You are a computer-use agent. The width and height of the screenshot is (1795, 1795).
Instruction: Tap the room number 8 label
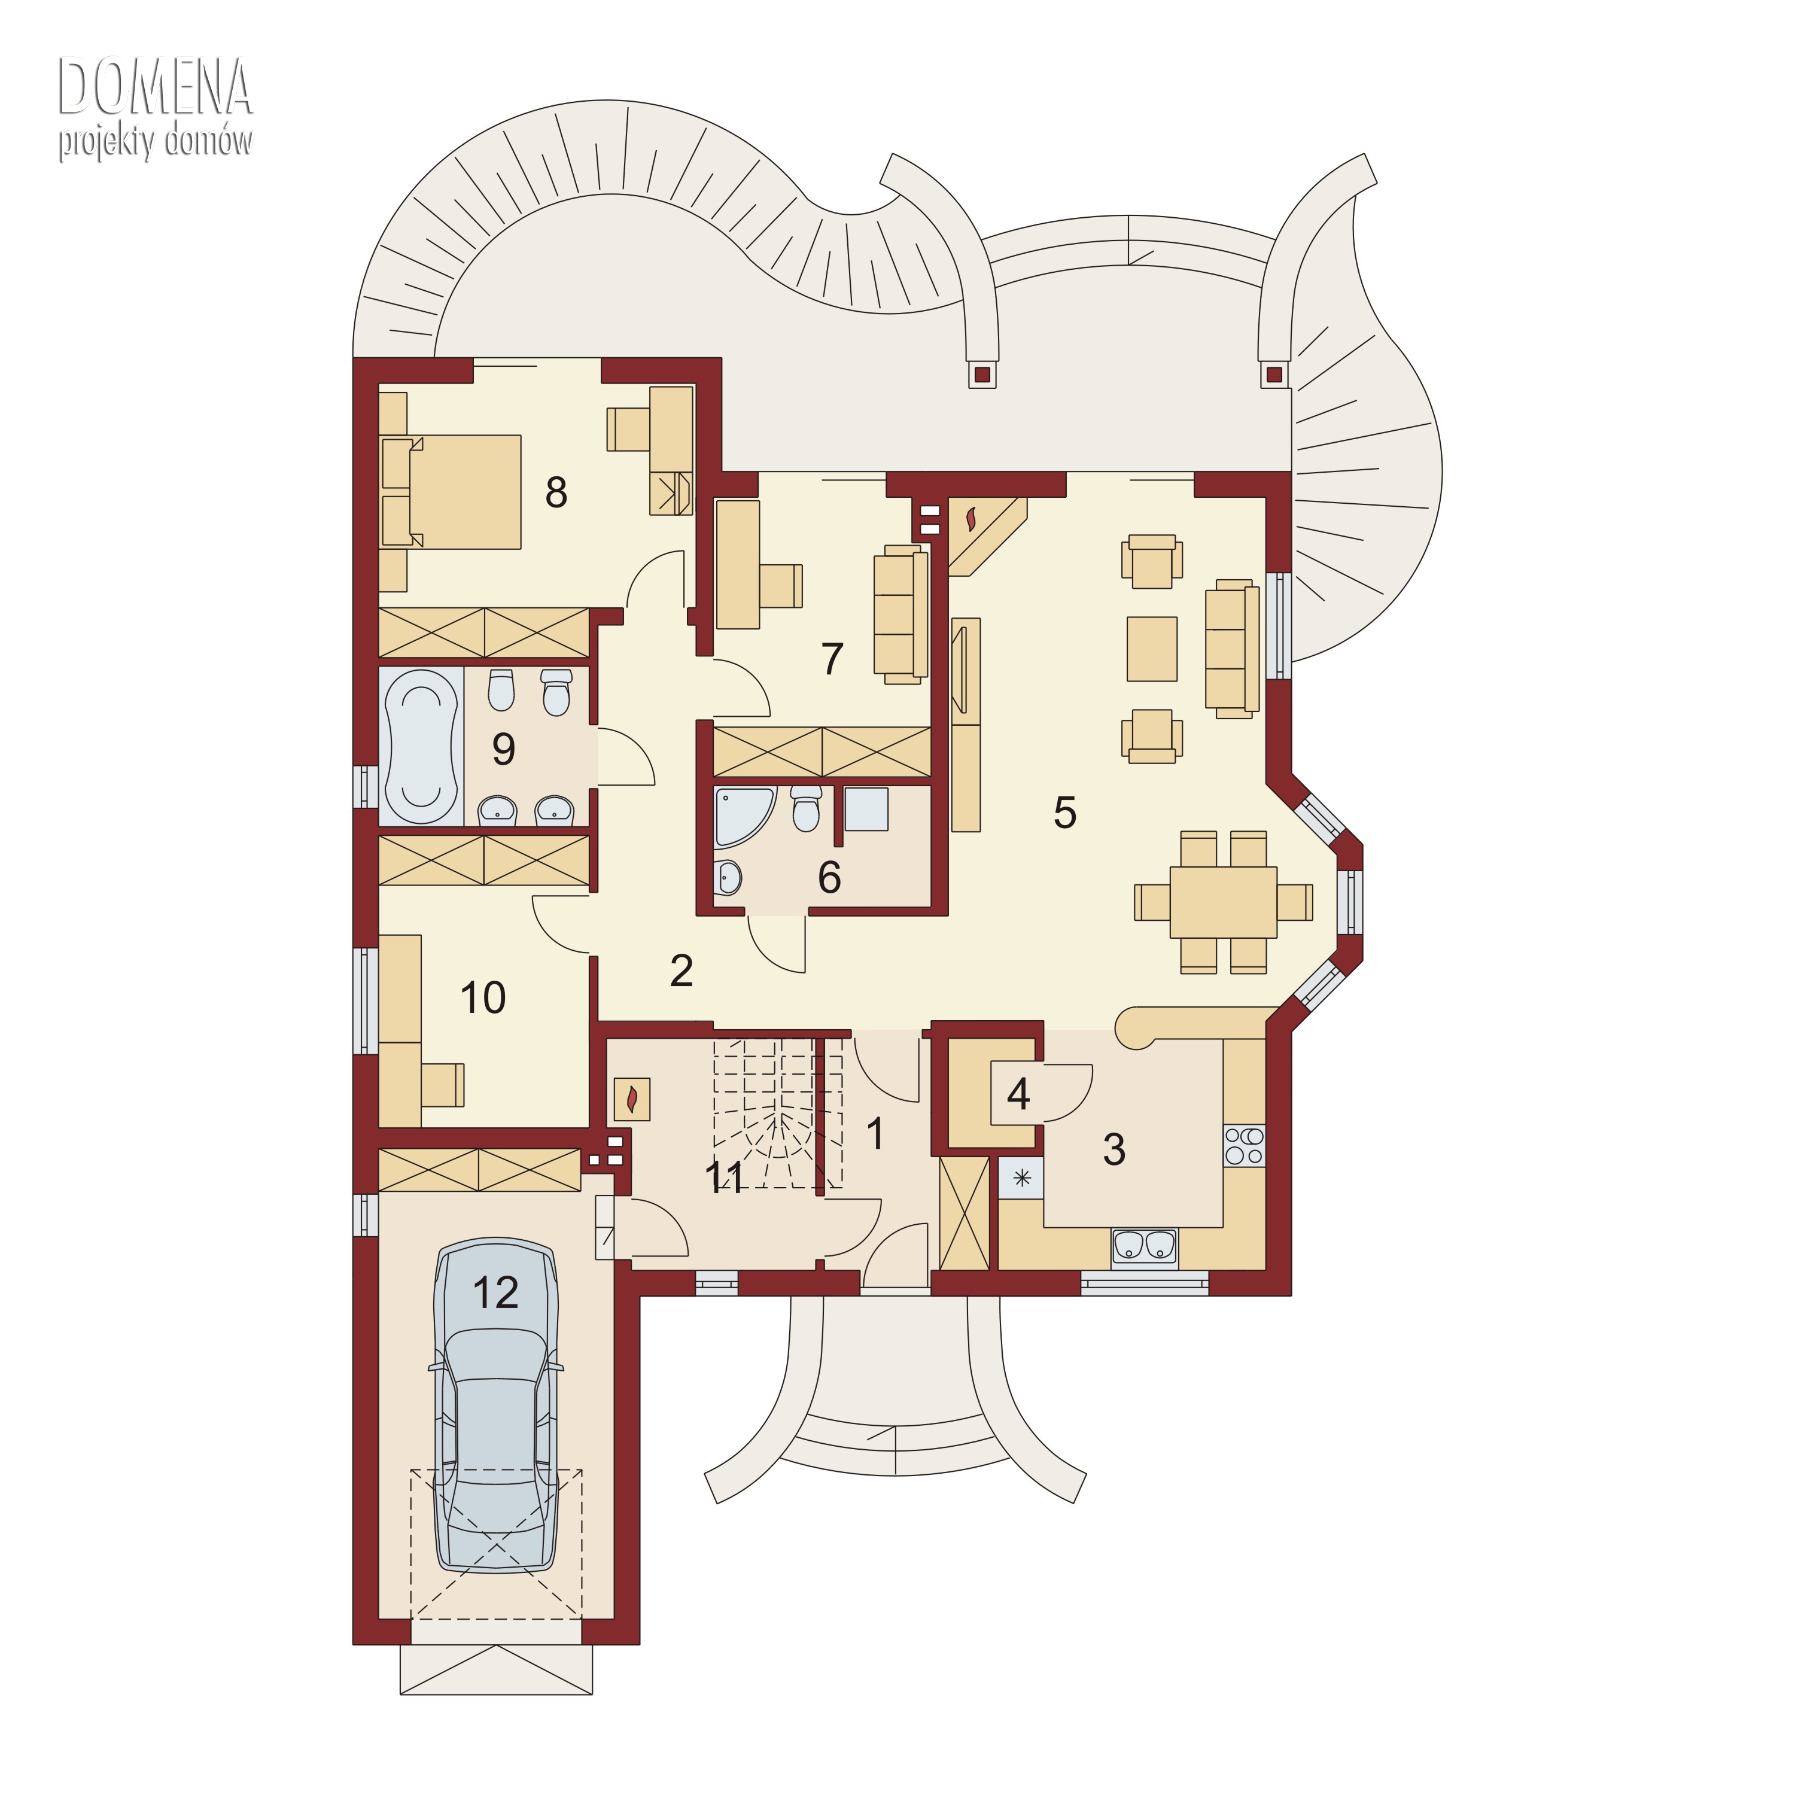pyautogui.click(x=556, y=492)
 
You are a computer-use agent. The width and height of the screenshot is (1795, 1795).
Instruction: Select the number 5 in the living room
pyautogui.click(x=1065, y=812)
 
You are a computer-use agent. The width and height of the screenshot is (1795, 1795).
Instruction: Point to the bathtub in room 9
pyautogui.click(x=421, y=746)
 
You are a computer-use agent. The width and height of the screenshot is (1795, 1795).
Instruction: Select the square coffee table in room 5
pyautogui.click(x=1152, y=649)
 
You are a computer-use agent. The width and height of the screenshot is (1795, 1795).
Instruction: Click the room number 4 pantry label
pyautogui.click(x=1018, y=1094)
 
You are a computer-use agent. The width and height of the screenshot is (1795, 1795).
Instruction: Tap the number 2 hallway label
pyautogui.click(x=681, y=971)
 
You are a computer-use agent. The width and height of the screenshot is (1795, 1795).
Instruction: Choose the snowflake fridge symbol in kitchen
pyautogui.click(x=1022, y=1178)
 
